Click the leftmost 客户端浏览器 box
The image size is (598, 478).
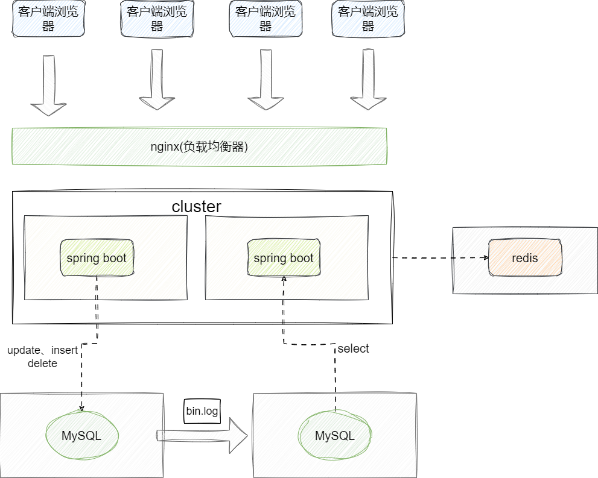tap(48, 19)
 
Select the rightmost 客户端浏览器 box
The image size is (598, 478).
tap(367, 19)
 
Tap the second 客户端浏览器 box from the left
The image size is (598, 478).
tap(157, 19)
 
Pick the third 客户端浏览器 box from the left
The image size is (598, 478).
tap(266, 19)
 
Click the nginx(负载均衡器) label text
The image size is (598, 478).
tap(199, 146)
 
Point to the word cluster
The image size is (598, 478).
tap(196, 207)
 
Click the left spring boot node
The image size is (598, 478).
tap(97, 258)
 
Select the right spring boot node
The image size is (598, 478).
tap(284, 258)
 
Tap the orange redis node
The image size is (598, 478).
tap(525, 258)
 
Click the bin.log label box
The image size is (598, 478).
tap(202, 411)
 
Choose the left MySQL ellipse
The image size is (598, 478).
tap(81, 435)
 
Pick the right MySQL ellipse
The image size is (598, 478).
tap(335, 435)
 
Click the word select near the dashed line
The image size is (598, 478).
tap(353, 348)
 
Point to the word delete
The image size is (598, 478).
tap(42, 363)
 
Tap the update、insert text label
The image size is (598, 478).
tap(42, 350)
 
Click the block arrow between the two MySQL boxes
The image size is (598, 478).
tap(202, 435)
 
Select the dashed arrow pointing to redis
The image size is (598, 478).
tap(441, 258)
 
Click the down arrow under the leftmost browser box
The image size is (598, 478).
tap(48, 84)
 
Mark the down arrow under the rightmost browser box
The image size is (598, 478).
tap(367, 81)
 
